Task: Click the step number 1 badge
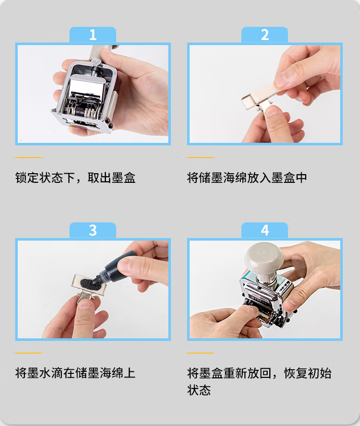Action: click(93, 35)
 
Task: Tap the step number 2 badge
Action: click(265, 35)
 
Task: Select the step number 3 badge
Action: click(93, 230)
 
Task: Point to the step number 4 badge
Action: click(265, 230)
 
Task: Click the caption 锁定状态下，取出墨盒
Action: click(76, 178)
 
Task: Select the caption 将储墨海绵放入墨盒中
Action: click(247, 178)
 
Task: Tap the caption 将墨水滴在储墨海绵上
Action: click(76, 373)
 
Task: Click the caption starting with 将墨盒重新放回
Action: click(259, 373)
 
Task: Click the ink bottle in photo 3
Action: click(115, 267)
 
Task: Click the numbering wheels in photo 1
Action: click(87, 112)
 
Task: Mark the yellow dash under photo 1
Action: click(29, 158)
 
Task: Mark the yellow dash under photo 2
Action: click(200, 158)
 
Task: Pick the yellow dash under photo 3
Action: click(29, 353)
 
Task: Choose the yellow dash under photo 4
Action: click(200, 353)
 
